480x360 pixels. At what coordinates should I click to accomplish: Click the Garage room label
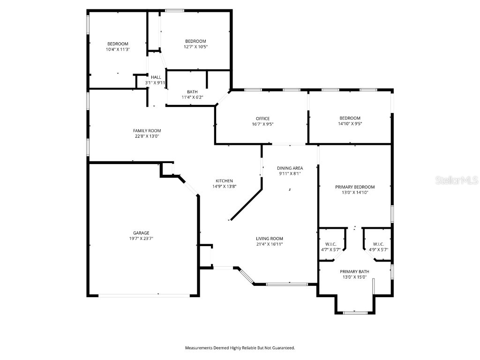[141, 233]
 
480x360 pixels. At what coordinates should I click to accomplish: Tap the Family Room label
[147, 131]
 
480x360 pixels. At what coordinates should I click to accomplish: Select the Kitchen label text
[224, 181]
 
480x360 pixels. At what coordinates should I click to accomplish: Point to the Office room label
[262, 119]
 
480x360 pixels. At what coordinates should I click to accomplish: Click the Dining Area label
[290, 168]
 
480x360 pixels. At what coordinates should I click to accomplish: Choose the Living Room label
[269, 239]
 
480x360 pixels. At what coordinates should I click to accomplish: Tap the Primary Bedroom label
[355, 187]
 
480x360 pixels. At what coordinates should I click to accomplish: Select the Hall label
[156, 77]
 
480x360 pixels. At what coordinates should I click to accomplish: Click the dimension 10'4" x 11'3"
[118, 49]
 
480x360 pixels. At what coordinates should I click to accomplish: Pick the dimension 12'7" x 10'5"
[195, 46]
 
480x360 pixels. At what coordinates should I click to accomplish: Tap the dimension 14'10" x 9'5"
[350, 124]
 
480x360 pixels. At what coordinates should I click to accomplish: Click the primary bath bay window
[355, 312]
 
